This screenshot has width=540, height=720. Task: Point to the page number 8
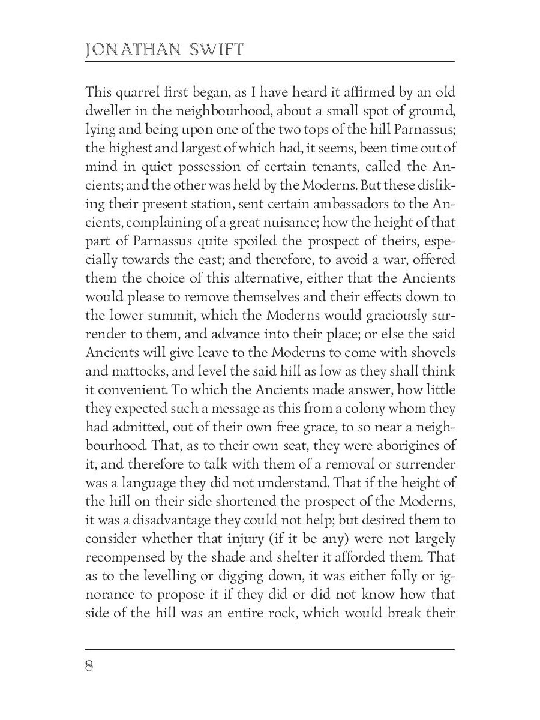click(x=90, y=667)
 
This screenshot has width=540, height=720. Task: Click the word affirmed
click(x=358, y=92)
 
